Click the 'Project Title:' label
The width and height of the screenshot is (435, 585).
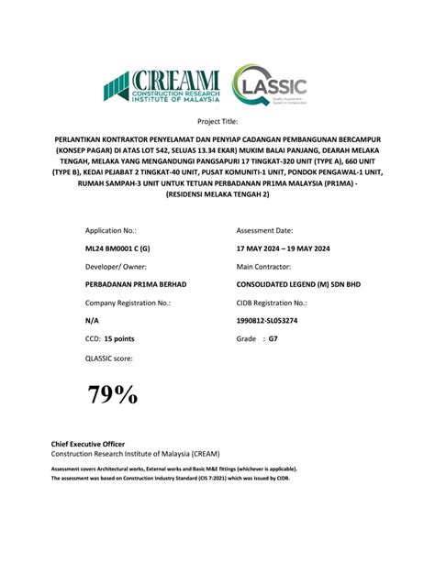tap(217, 121)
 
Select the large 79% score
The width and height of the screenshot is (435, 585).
tap(113, 395)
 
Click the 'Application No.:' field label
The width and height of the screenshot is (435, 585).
tap(110, 231)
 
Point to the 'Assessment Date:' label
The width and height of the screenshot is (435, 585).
tap(265, 231)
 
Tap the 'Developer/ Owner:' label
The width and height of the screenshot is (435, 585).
tap(114, 267)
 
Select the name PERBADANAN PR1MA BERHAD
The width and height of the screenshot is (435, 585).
tap(136, 284)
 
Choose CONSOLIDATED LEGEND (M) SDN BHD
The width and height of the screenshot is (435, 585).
tap(298, 284)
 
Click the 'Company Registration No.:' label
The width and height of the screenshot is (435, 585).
tap(128, 303)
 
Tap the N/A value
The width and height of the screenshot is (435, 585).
tap(93, 321)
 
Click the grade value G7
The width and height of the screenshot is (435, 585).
tap(273, 339)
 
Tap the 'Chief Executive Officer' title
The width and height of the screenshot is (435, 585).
tap(87, 445)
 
